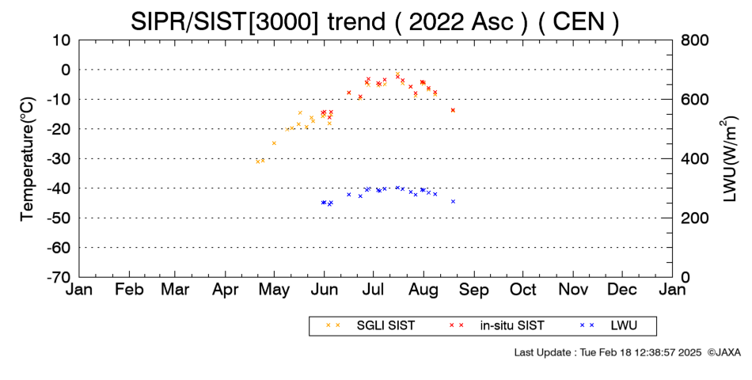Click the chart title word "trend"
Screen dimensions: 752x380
click(x=357, y=22)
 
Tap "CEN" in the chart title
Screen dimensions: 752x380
click(x=579, y=22)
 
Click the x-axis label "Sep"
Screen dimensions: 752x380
click(x=474, y=290)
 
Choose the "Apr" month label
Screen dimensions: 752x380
click(x=225, y=290)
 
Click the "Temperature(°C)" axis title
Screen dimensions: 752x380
click(x=28, y=159)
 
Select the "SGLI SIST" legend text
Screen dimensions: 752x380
click(x=385, y=326)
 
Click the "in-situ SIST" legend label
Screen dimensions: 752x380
click(x=511, y=326)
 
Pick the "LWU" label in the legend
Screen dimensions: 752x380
click(x=624, y=326)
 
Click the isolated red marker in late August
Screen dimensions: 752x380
click(x=453, y=110)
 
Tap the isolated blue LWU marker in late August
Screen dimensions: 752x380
click(x=453, y=202)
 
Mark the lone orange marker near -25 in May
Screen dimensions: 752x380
click(x=274, y=143)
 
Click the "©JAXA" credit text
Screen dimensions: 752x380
click(x=724, y=352)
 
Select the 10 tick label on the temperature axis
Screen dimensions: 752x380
click(x=62, y=40)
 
